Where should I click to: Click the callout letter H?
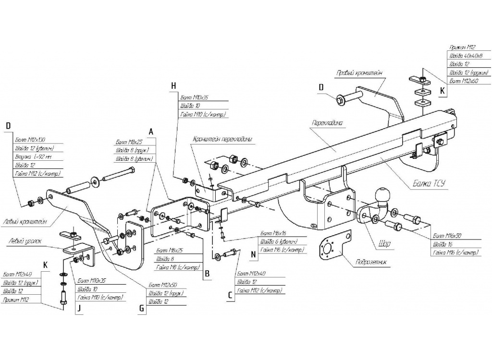(x=174, y=86)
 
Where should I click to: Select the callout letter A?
(x=151, y=131)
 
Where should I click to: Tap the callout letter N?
(x=252, y=252)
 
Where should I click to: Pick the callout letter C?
(x=230, y=296)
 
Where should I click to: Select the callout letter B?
(x=207, y=274)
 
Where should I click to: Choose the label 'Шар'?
(x=384, y=244)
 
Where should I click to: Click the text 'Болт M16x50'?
(x=447, y=237)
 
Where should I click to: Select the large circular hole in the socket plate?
(x=328, y=248)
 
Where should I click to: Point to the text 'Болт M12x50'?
(x=162, y=285)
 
